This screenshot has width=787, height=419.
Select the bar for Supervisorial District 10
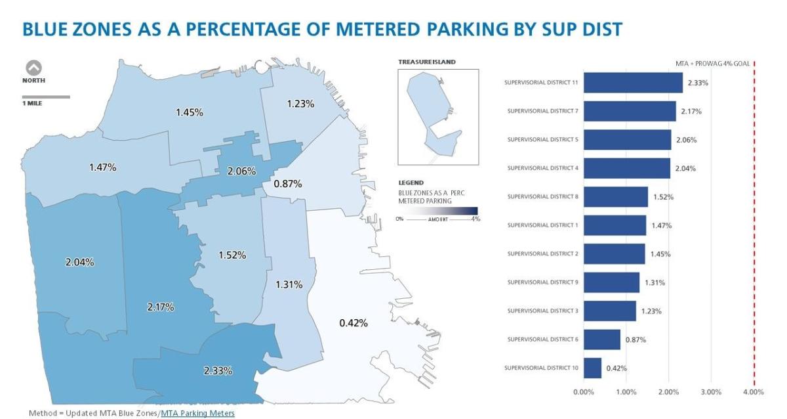(x=592, y=368)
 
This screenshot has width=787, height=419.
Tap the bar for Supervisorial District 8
(x=615, y=197)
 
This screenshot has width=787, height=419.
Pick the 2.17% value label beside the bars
(x=691, y=112)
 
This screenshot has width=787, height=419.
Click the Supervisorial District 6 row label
(x=543, y=340)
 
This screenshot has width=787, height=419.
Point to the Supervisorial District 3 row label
(x=543, y=311)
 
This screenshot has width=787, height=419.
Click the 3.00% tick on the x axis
(x=711, y=392)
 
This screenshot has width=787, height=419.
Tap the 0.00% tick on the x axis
(x=583, y=392)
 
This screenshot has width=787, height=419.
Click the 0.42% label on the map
(x=353, y=322)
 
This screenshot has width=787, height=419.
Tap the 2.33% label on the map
(x=218, y=370)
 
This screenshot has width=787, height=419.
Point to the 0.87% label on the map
(x=288, y=184)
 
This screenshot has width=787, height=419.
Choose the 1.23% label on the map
(x=300, y=103)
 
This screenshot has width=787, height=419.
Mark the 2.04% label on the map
(x=80, y=262)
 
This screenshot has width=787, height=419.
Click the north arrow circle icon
(x=33, y=68)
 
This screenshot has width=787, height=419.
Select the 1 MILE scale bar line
(x=46, y=97)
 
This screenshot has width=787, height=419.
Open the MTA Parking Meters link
(x=197, y=413)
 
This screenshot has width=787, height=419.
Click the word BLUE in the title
(x=49, y=30)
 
